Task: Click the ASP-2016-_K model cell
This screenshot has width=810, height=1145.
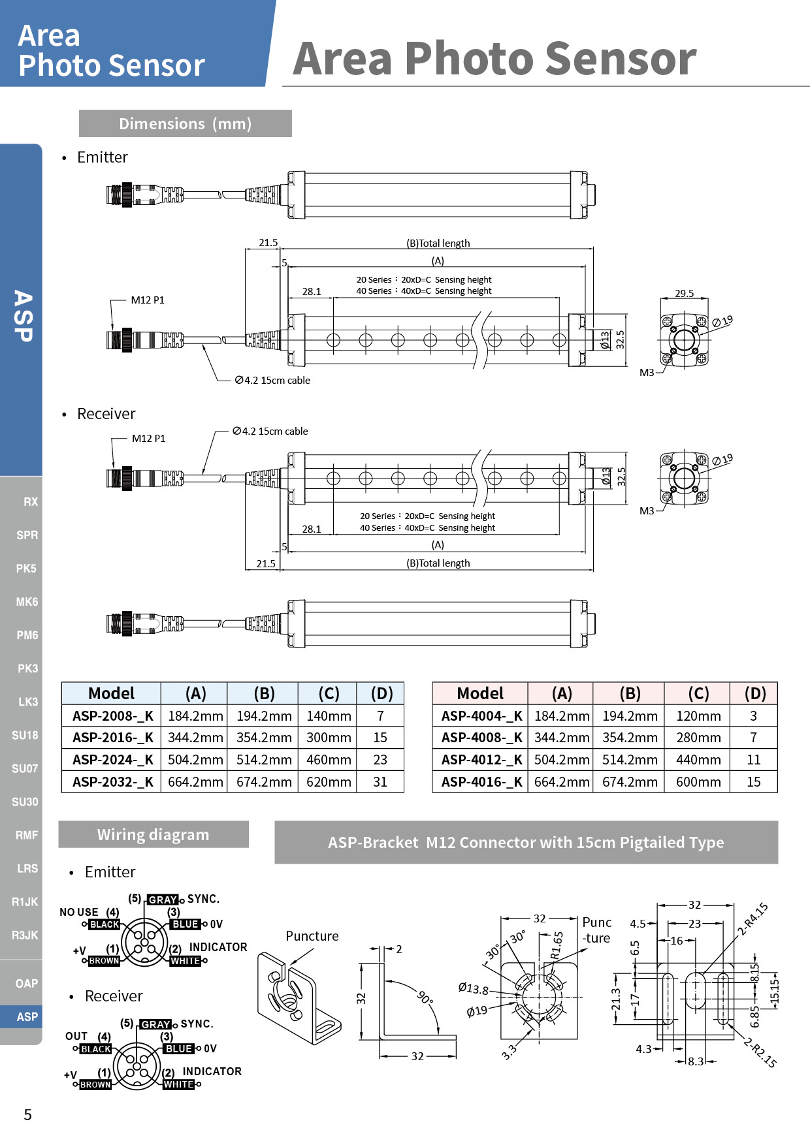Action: click(x=112, y=738)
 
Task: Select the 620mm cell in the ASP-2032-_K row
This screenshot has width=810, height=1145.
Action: click(x=329, y=782)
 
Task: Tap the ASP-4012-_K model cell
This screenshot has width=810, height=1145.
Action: click(x=481, y=760)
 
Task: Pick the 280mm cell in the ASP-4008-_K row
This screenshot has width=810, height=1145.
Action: click(x=698, y=738)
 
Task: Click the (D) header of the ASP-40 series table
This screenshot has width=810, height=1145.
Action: click(x=755, y=693)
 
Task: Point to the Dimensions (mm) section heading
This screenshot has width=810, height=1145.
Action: click(x=186, y=123)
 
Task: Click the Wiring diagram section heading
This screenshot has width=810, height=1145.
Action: click(x=154, y=834)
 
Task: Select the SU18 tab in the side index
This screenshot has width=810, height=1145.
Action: click(x=25, y=735)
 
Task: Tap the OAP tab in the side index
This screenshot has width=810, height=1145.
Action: click(x=27, y=983)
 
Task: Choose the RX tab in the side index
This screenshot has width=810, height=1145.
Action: click(x=30, y=501)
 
